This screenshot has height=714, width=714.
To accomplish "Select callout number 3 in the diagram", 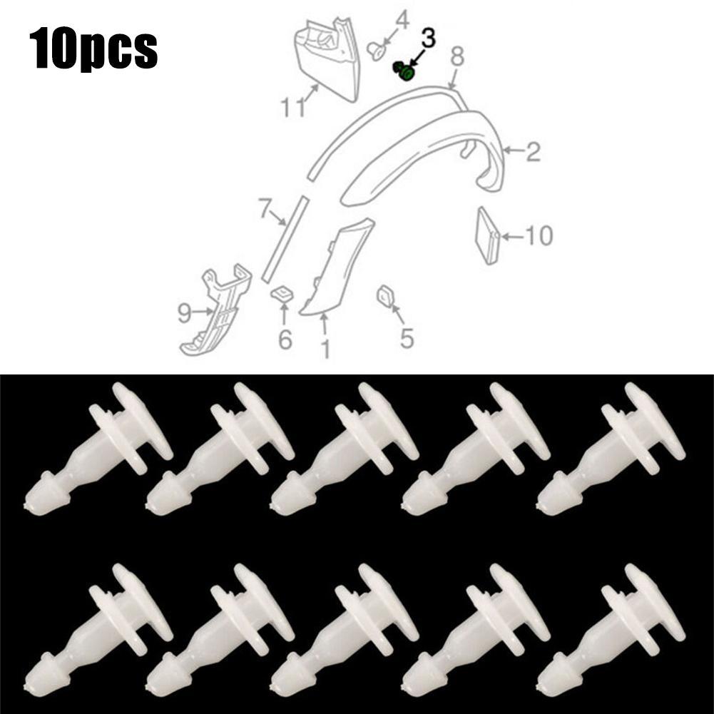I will pyautogui.click(x=428, y=39).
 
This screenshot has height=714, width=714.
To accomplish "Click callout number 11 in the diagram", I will pyautogui.click(x=292, y=106).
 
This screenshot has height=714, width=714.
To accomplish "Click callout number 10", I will pyautogui.click(x=539, y=235).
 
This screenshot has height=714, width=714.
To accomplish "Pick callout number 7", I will pyautogui.click(x=265, y=210).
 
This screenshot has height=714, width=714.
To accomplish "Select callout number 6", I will pyautogui.click(x=285, y=340).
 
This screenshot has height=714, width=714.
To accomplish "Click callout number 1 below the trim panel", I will pyautogui.click(x=325, y=349).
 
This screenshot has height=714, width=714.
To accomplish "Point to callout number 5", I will pyautogui.click(x=407, y=338).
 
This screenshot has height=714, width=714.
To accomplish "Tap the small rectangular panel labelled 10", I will pyautogui.click(x=488, y=235).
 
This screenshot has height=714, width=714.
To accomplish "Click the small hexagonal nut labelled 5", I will pyautogui.click(x=385, y=296).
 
